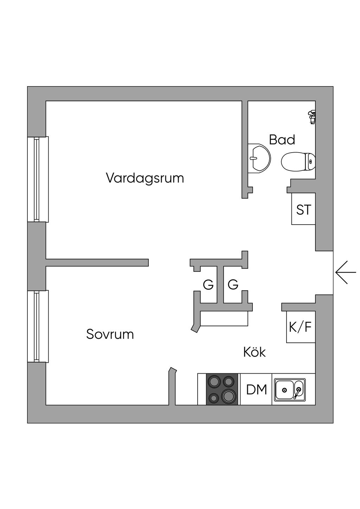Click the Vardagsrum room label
145,178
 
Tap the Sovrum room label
110,334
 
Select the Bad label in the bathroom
282,140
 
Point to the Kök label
255,352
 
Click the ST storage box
303,210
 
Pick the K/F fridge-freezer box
301,327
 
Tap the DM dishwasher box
256,389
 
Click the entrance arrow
345,272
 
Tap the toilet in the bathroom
297,161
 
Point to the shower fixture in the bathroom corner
312,117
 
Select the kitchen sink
290,389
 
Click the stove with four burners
221,389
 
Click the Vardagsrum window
38,179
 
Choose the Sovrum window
38,326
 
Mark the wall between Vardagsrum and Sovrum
97,263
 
